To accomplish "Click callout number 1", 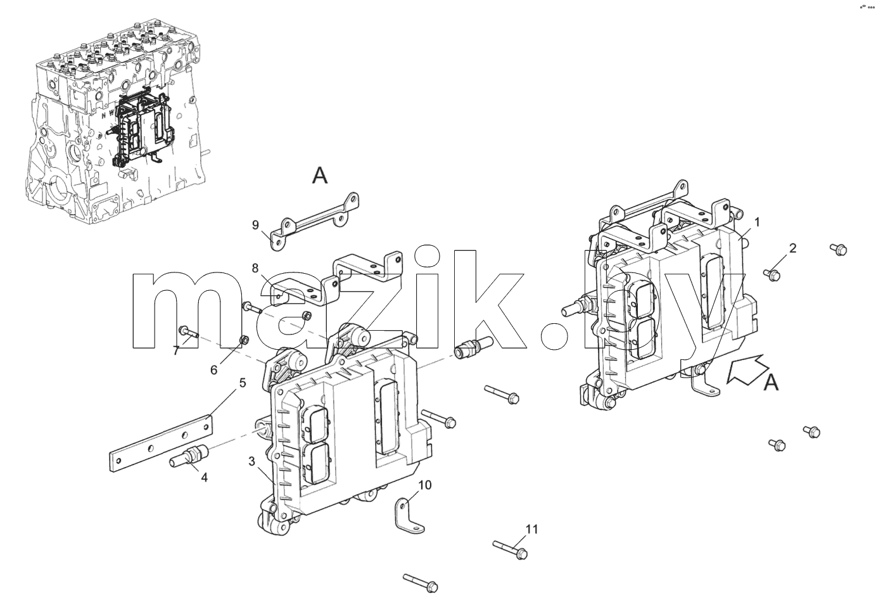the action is click(x=757, y=222).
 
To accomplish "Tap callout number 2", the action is click(x=792, y=248).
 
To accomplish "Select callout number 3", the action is click(x=251, y=461).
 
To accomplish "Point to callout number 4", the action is click(x=204, y=477).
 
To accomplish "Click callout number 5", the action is click(x=243, y=383).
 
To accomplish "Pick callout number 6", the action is click(x=214, y=370).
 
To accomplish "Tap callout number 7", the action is click(x=176, y=351).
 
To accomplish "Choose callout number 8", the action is click(x=255, y=268).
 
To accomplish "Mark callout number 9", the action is click(x=255, y=226).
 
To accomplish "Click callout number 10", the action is click(x=425, y=485).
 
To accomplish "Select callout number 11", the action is click(x=531, y=529).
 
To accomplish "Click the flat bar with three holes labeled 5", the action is click(x=161, y=444).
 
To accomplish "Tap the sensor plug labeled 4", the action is click(x=189, y=457).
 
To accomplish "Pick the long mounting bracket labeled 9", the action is click(x=315, y=221).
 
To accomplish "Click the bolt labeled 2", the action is click(x=771, y=274).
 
